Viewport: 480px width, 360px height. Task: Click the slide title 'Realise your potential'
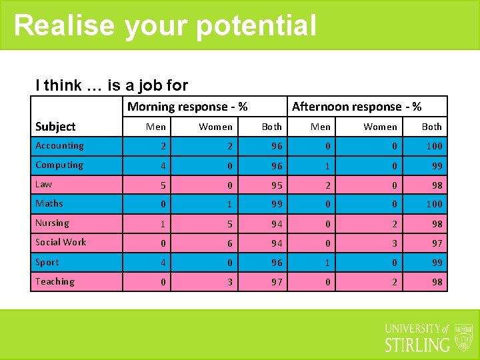[165, 25]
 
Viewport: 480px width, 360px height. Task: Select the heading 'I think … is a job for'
[111, 85]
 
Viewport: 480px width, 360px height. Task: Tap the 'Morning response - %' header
[187, 107]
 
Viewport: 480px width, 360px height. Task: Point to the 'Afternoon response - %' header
[357, 107]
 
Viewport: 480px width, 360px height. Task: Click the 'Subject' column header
[55, 127]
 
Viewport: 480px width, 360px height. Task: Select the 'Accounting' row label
[59, 146]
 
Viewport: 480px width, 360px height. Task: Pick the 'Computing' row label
[59, 165]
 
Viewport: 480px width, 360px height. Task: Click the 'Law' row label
[44, 185]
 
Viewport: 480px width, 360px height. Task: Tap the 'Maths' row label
[49, 204]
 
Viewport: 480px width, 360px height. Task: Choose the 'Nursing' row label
[52, 223]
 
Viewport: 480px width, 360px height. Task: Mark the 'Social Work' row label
[61, 243]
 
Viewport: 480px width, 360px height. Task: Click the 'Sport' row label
[47, 263]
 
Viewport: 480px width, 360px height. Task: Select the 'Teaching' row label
[55, 282]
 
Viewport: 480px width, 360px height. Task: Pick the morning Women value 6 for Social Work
[230, 243]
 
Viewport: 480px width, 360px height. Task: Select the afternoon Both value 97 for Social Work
[437, 243]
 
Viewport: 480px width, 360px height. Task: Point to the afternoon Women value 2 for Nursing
[394, 224]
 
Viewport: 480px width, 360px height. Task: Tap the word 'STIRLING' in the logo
[417, 345]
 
